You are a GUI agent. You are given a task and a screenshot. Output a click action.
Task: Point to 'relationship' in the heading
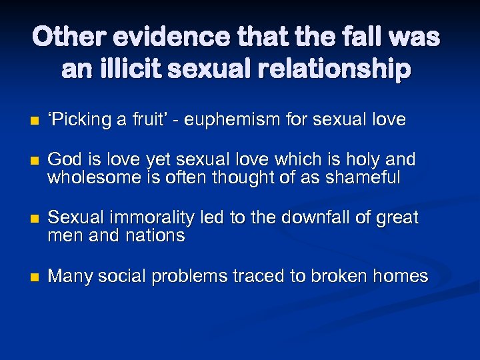pyautogui.click(x=340, y=69)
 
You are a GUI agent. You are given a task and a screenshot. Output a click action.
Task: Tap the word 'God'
pyautogui.click(x=65, y=160)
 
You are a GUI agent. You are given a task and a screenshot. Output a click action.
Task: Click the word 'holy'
pyautogui.click(x=369, y=160)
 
